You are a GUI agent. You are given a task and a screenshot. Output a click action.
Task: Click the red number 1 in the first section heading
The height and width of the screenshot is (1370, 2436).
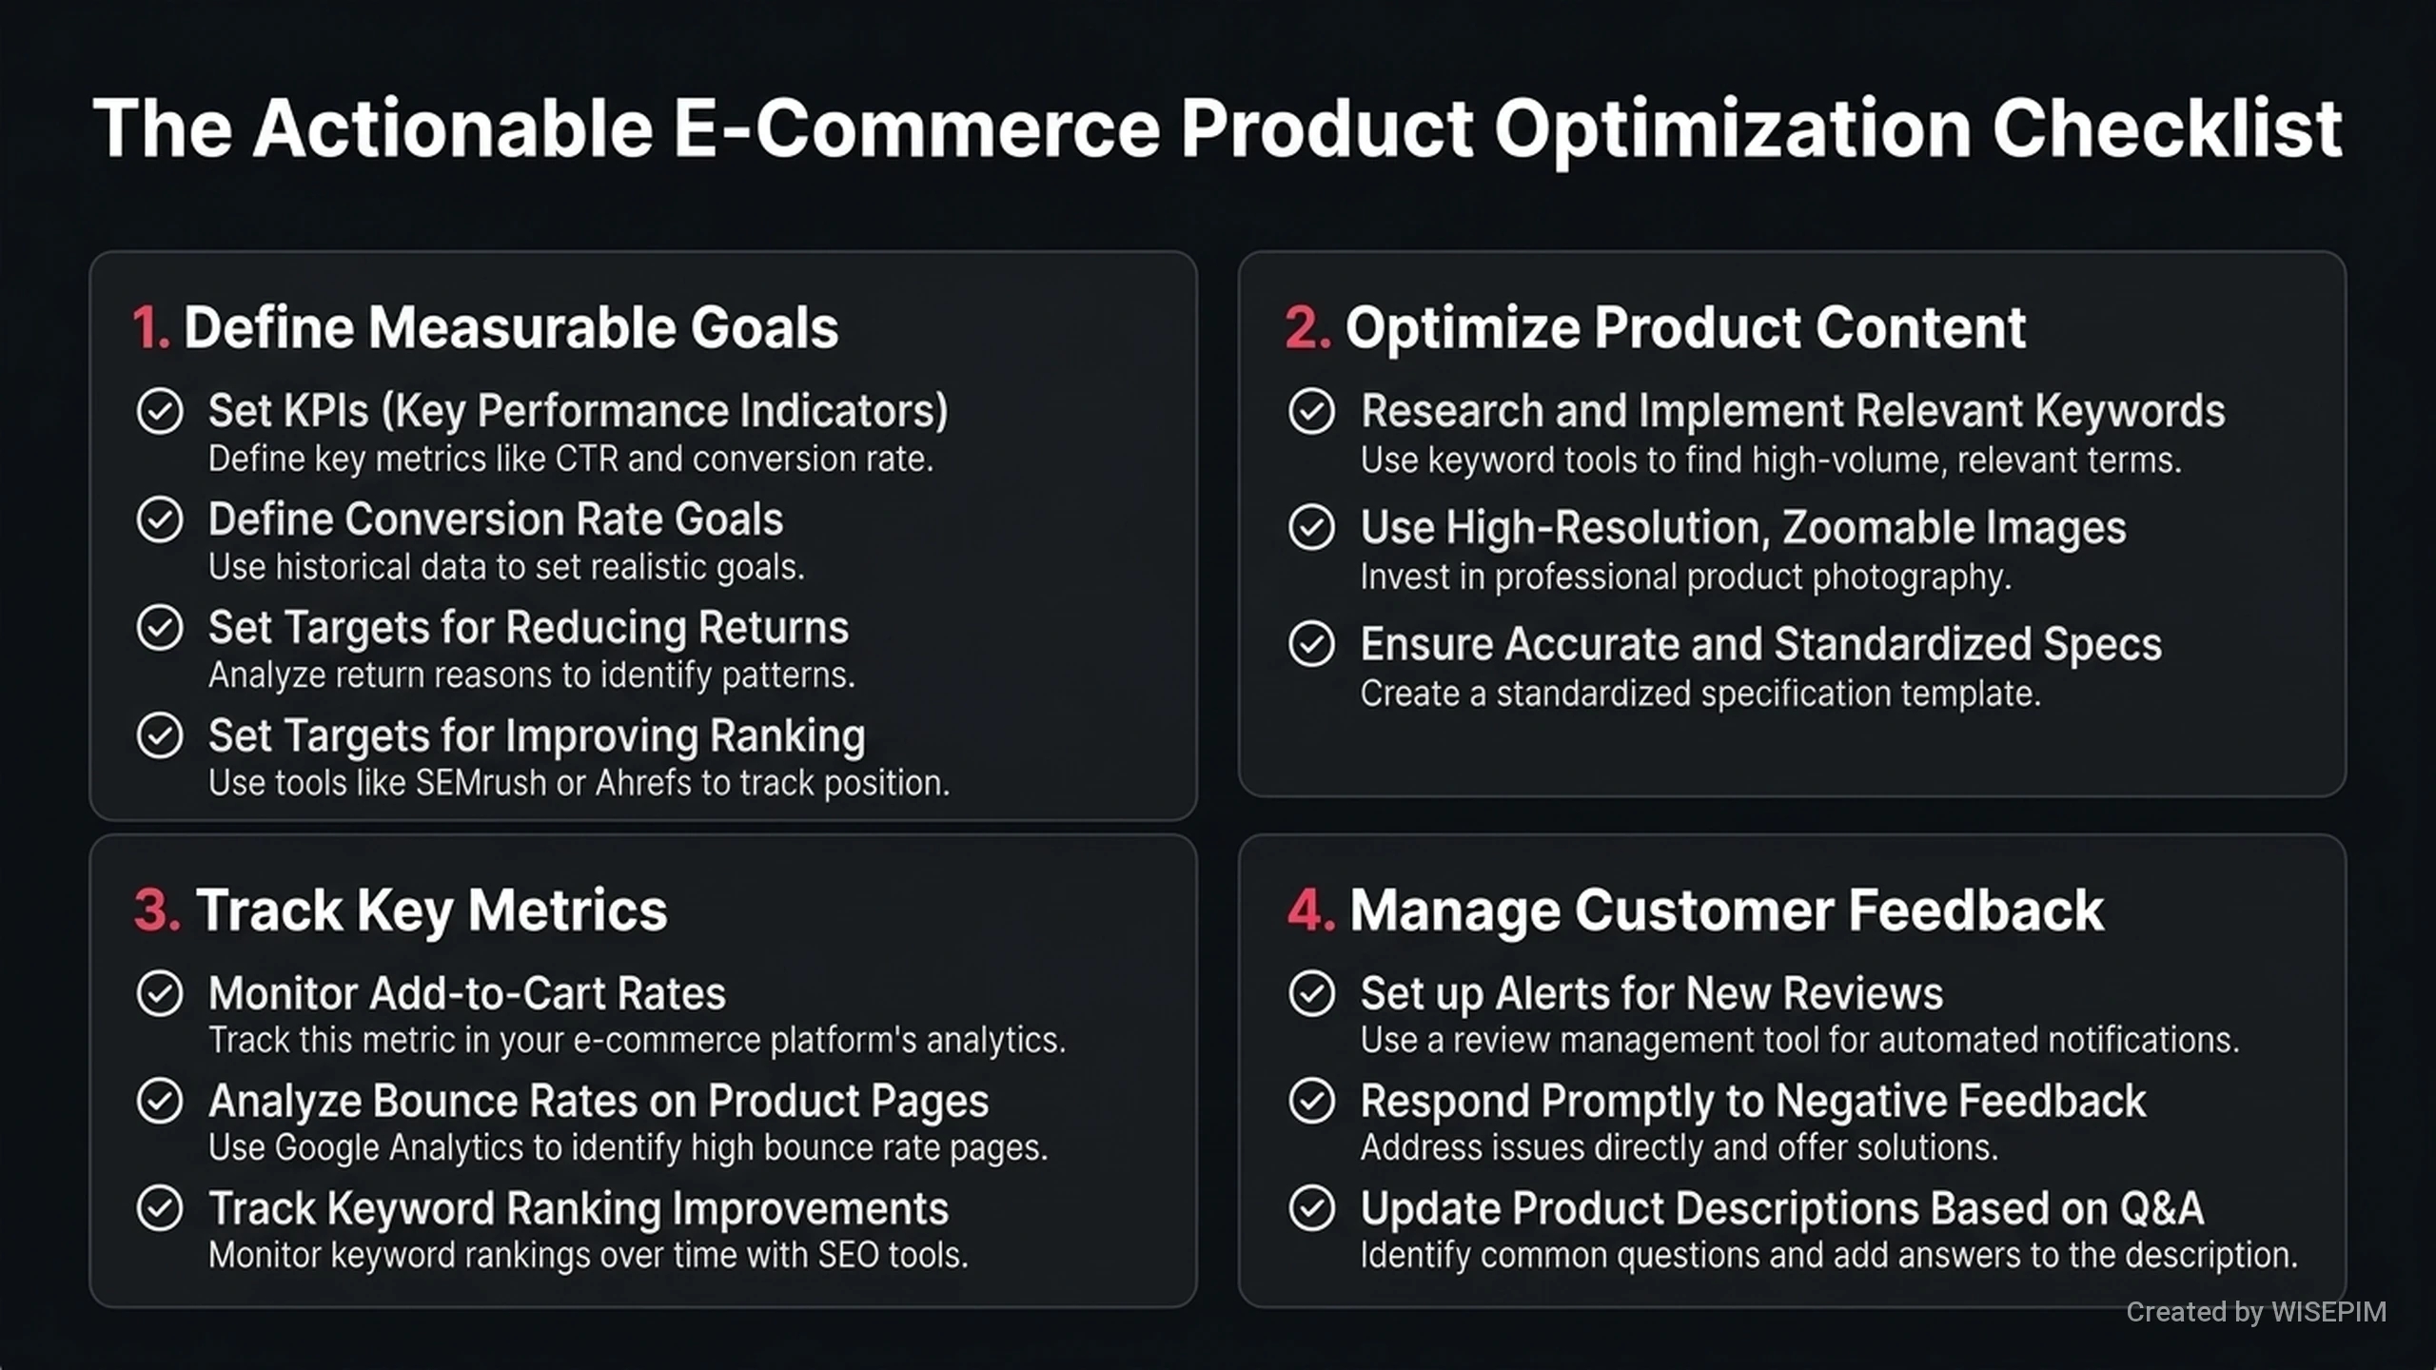(150, 327)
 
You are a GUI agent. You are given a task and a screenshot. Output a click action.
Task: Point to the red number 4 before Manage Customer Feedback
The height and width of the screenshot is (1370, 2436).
(1310, 910)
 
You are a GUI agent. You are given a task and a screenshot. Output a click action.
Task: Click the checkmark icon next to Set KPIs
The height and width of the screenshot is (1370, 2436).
(160, 412)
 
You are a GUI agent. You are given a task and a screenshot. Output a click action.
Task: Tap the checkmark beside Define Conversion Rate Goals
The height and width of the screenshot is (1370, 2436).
(160, 519)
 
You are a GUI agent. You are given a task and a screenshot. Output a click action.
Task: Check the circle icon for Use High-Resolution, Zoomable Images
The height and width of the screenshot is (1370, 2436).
(1312, 528)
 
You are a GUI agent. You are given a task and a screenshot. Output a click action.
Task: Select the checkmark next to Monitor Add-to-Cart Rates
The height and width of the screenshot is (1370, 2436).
(160, 994)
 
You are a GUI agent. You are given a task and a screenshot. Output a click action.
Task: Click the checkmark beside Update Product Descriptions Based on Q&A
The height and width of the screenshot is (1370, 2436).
(1312, 1209)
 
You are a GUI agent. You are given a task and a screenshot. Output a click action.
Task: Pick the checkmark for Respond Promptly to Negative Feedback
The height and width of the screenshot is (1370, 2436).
(1312, 1102)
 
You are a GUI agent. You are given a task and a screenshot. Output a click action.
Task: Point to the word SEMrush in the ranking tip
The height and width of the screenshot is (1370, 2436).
(481, 783)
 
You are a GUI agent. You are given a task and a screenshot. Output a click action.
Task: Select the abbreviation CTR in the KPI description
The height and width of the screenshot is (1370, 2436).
(586, 460)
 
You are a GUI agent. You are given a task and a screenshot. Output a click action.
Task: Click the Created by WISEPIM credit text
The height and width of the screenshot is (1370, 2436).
(2256, 1312)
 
